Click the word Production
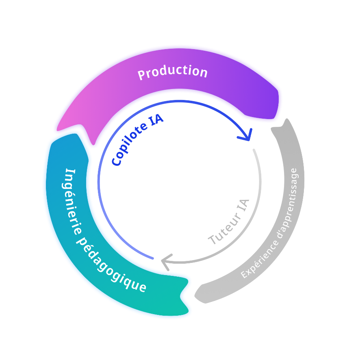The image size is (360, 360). [x=173, y=72]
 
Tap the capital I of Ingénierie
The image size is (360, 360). [x=69, y=171]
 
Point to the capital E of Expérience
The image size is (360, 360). [x=244, y=275]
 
